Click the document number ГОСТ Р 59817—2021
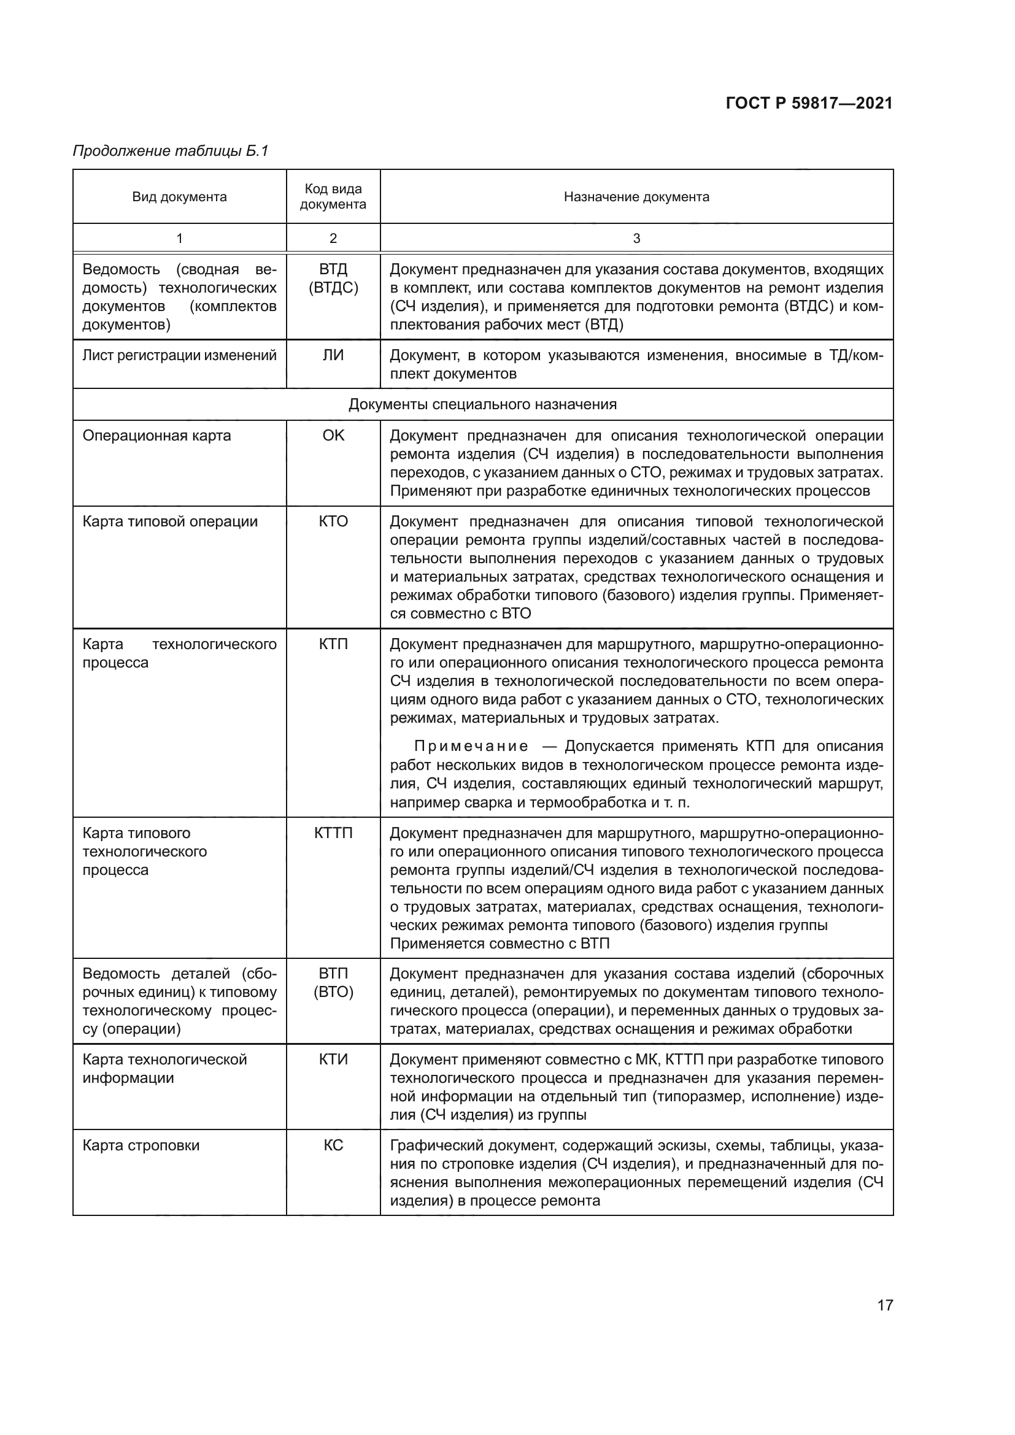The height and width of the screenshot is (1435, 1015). click(809, 103)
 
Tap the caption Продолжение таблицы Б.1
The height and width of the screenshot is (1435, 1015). click(170, 151)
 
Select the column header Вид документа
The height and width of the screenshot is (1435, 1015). click(179, 197)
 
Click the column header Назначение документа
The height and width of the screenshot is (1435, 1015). click(636, 197)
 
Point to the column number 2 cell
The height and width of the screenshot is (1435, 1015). click(333, 238)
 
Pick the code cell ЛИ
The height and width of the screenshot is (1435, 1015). click(333, 356)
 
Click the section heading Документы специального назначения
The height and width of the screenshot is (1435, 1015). click(482, 404)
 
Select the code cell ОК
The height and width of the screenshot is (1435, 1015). click(333, 436)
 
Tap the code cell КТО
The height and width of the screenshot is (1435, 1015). click(333, 521)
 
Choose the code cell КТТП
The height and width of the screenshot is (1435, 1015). click(333, 833)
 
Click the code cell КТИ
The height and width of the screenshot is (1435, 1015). click(333, 1060)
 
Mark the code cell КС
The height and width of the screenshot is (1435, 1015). click(333, 1145)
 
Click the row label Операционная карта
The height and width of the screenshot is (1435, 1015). click(157, 436)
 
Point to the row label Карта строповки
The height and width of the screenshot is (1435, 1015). click(141, 1145)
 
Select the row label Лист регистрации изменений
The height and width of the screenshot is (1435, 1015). click(179, 356)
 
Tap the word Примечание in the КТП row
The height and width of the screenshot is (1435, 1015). click(471, 746)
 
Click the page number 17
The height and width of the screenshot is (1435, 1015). click(885, 1305)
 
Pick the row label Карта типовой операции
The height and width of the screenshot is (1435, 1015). click(170, 521)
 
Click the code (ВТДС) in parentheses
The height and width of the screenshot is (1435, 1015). click(333, 288)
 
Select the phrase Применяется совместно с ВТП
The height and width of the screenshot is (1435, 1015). click(500, 944)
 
